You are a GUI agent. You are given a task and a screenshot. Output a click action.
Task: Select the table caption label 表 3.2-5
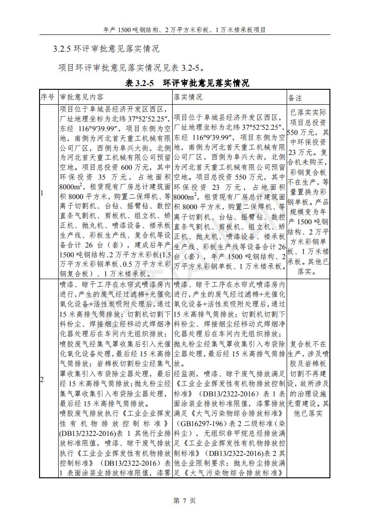(139, 83)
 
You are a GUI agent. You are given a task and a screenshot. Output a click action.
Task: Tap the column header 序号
(48, 98)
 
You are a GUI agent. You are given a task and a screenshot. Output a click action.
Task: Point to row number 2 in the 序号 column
(41, 380)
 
